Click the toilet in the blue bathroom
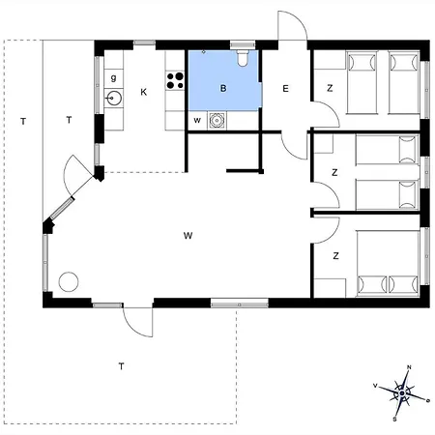click(243, 57)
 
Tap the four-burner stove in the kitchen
click(175, 80)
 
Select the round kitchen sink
click(114, 98)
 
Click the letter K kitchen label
click(144, 92)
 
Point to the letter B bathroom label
click(223, 88)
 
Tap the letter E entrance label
click(285, 89)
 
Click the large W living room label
click(188, 236)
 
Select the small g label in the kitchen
click(113, 78)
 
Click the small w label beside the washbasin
click(197, 121)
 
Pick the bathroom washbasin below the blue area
click(217, 120)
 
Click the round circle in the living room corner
click(69, 282)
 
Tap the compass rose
click(402, 393)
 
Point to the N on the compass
click(409, 367)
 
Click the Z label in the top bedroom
click(330, 88)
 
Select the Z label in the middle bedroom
click(334, 172)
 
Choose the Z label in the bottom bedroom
click(336, 256)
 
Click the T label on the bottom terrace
click(121, 366)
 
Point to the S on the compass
click(394, 420)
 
